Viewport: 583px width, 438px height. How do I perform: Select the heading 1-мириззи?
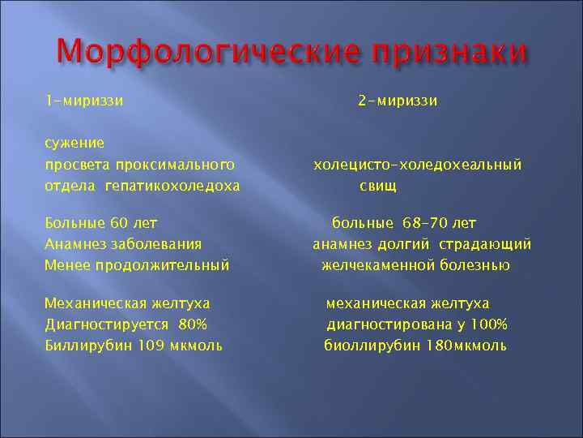point(84,101)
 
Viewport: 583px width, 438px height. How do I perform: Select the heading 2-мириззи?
point(398,101)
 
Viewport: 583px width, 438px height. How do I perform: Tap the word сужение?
point(74,144)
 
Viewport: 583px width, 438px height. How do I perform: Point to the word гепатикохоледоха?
point(172,186)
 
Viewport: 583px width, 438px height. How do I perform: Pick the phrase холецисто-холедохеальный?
point(418,165)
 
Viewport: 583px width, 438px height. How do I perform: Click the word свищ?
point(378,186)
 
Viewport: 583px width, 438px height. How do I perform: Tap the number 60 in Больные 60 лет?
point(120,222)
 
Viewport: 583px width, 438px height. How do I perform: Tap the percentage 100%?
point(489,324)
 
